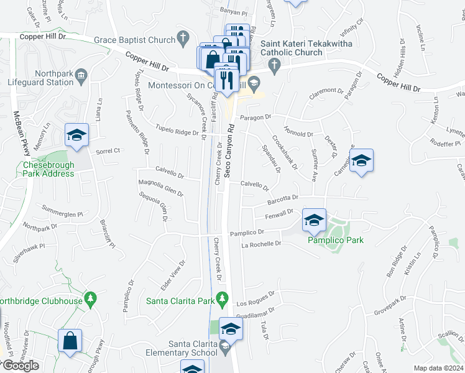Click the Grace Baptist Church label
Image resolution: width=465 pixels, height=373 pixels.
click(134, 40)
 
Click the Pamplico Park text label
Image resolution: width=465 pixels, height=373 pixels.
click(336, 240)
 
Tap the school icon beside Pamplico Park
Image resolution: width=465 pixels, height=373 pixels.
click(315, 221)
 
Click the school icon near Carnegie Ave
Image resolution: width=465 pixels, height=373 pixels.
click(361, 162)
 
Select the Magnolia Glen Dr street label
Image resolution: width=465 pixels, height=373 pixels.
click(160, 188)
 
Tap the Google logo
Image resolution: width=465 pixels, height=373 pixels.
click(20, 366)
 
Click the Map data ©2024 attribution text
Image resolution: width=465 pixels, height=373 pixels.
click(438, 368)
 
